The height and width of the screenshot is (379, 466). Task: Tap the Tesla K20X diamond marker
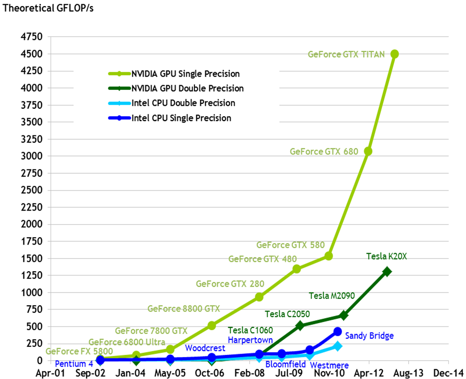click(x=387, y=271)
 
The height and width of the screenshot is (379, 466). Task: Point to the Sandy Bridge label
click(x=369, y=336)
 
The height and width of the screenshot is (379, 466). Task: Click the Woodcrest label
click(x=205, y=347)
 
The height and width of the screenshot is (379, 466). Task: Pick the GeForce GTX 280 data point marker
click(x=259, y=297)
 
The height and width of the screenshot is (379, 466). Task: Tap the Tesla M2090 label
click(x=332, y=296)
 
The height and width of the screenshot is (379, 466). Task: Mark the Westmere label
click(x=329, y=365)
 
